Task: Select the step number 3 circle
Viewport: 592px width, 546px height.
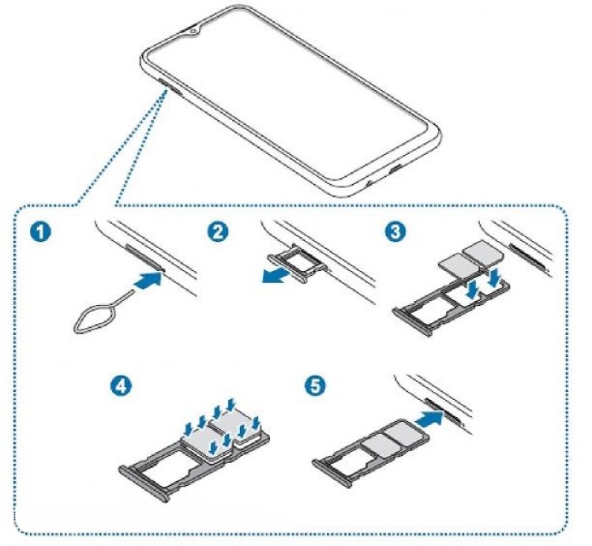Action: [x=392, y=233]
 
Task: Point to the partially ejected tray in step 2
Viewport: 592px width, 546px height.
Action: [x=295, y=266]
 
